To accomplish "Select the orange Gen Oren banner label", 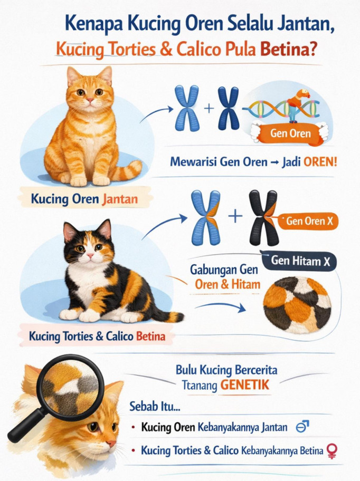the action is click(290, 133).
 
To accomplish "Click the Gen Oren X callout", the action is click(308, 221).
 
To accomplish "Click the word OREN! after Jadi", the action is click(320, 162).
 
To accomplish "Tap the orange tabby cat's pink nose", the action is click(90, 100).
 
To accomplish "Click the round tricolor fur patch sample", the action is click(297, 305).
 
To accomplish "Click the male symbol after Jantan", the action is click(302, 427).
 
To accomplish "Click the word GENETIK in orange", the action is click(244, 384).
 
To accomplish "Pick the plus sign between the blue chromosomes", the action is click(209, 108).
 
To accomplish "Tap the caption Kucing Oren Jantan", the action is click(84, 199).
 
